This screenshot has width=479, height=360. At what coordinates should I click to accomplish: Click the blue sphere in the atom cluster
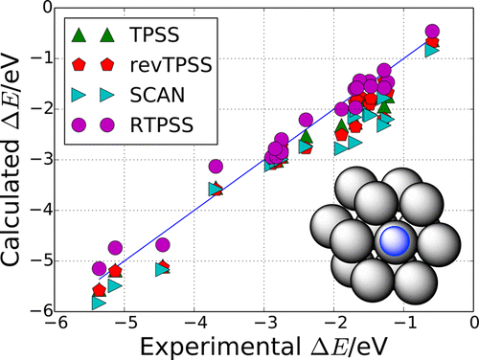point(393,242)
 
